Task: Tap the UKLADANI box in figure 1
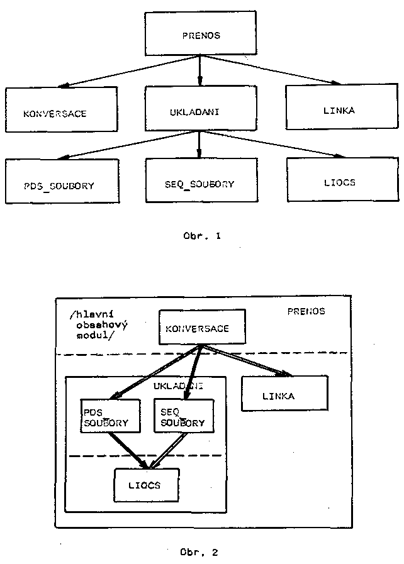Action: click(200, 108)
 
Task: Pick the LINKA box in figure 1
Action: click(342, 108)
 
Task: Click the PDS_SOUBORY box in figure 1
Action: click(61, 181)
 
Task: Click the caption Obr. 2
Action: click(199, 553)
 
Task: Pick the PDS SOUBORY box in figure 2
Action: click(110, 416)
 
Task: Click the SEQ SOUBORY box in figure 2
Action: click(182, 416)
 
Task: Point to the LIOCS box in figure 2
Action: click(147, 485)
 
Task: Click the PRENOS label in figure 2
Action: click(306, 311)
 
